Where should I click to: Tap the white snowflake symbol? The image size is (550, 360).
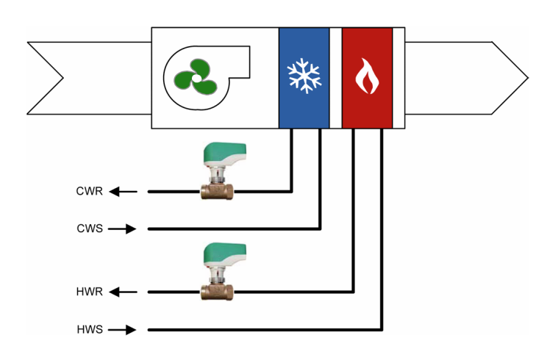304,76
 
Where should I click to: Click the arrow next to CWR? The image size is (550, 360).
124,192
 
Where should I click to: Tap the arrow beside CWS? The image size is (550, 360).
124,228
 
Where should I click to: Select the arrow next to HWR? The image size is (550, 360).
124,292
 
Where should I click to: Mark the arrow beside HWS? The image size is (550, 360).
124,328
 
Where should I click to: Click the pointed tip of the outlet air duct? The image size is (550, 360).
526,78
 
